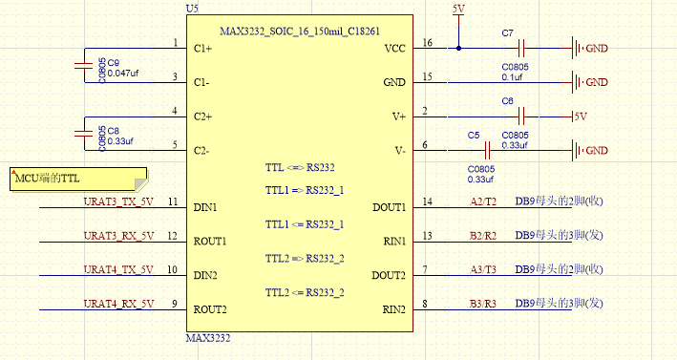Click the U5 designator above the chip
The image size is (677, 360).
192,8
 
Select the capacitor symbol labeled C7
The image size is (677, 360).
521,48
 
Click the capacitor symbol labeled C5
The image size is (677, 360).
487,150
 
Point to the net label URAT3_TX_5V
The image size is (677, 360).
118,201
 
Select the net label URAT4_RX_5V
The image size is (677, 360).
118,304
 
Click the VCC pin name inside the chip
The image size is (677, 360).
394,48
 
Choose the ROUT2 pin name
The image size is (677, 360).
211,309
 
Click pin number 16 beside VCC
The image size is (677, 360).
427,43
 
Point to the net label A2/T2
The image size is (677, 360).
483,201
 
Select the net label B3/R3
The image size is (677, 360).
483,304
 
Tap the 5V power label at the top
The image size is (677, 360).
458,9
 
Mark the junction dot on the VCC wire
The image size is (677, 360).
458,48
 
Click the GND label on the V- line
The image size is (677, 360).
597,151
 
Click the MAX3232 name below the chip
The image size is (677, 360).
208,338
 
